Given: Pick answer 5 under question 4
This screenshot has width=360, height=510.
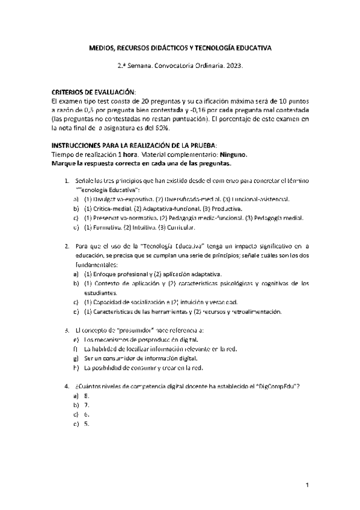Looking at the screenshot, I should pos(87,424).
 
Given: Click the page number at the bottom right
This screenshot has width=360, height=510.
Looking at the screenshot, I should pos(307,485).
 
